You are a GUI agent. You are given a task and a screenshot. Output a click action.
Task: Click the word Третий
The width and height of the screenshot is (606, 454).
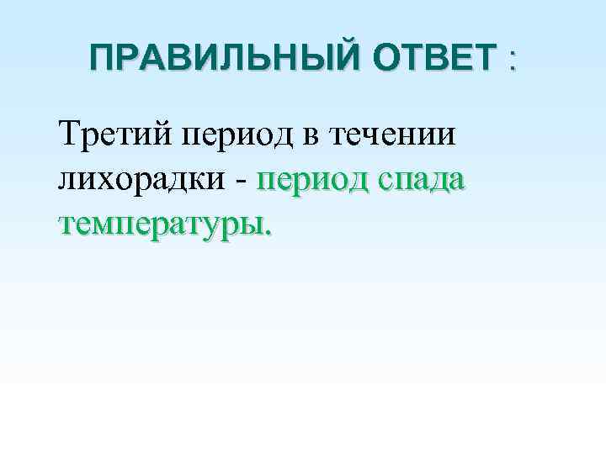point(114,134)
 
